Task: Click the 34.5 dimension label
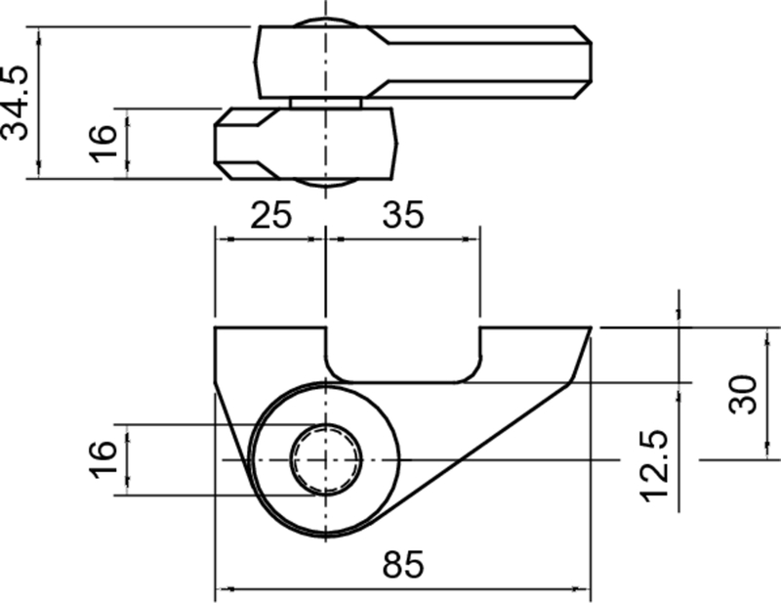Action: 17,103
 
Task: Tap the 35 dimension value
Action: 401,215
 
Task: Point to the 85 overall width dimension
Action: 403,566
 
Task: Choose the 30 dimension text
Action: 744,394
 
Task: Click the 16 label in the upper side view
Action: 107,143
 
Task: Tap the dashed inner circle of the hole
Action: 325,459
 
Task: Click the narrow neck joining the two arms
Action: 325,102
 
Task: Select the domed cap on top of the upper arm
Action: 325,22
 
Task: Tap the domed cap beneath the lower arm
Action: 325,183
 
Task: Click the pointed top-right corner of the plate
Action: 590,330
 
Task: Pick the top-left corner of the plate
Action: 217,330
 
